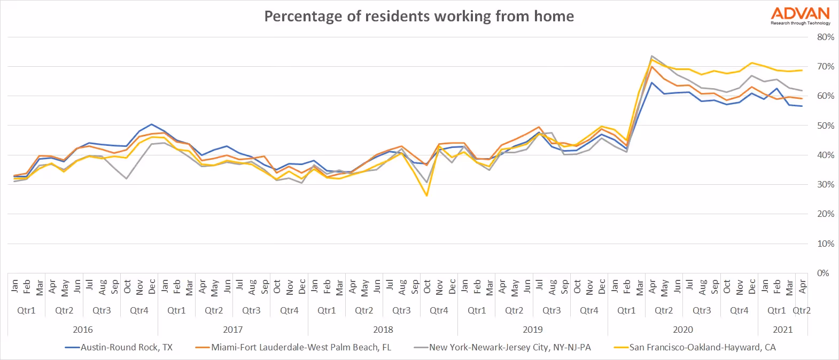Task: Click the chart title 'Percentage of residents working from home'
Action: [419, 16]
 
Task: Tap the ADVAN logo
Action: [800, 15]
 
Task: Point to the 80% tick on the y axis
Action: [825, 37]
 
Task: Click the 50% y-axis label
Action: [825, 126]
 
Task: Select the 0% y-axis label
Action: [823, 273]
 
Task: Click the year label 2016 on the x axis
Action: [83, 330]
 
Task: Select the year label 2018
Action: [383, 330]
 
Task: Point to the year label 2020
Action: [682, 330]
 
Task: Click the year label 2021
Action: [783, 330]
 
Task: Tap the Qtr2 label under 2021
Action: [802, 310]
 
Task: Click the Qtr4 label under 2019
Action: [589, 310]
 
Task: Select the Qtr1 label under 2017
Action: [176, 310]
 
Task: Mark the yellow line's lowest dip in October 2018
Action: [427, 195]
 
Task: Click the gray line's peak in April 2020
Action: [652, 56]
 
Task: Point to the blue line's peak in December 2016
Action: [152, 124]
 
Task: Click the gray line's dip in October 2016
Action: [127, 178]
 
